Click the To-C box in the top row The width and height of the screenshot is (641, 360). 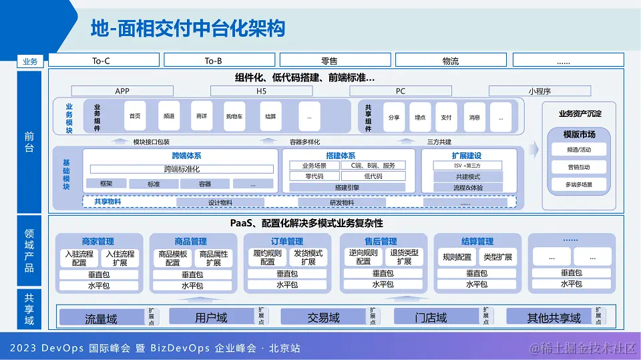click(101, 61)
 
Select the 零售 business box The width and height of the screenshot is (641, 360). click(329, 61)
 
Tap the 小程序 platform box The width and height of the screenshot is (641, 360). click(540, 91)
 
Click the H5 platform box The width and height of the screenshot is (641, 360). click(261, 91)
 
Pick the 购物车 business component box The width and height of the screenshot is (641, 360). click(234, 116)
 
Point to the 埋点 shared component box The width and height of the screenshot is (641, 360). click(420, 117)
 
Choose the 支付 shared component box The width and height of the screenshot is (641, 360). click(446, 117)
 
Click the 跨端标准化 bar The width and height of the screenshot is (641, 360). click(182, 169)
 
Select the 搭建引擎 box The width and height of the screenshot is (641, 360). click(347, 188)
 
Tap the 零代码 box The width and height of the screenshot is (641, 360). click(314, 176)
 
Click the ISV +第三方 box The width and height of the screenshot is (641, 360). click(467, 165)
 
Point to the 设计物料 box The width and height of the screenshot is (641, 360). click(220, 202)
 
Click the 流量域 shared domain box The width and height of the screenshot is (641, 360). click(101, 317)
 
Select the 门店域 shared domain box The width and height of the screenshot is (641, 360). click(431, 317)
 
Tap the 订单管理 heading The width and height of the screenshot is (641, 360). click(286, 241)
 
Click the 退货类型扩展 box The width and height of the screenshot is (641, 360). click(404, 257)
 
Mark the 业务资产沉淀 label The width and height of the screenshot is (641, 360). click(580, 114)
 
